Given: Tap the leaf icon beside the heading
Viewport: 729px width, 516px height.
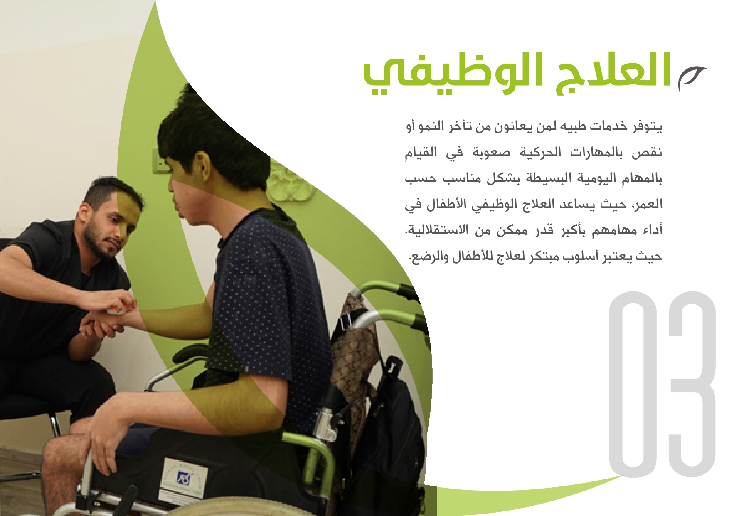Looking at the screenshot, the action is tap(691, 79).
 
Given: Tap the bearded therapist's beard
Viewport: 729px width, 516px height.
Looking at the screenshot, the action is tap(98, 243).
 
